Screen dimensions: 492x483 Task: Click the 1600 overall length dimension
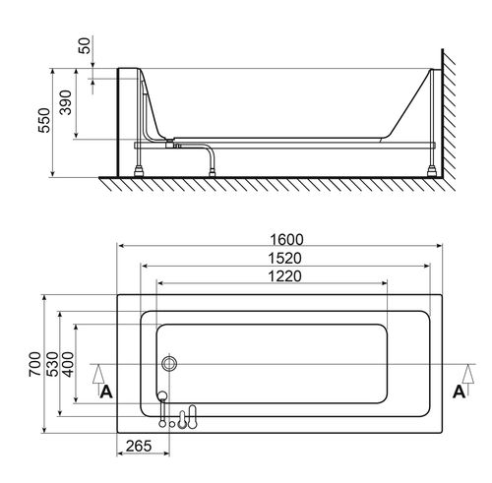coord(286,240)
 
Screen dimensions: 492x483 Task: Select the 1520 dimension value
coord(284,259)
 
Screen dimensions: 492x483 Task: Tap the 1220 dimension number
coord(284,276)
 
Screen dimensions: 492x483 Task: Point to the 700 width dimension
coord(34,364)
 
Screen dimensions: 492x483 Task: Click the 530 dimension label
coord(52,364)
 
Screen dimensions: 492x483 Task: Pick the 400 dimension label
coord(68,364)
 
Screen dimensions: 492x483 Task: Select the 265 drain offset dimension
coord(139,446)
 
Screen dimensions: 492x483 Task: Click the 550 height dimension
coord(44,120)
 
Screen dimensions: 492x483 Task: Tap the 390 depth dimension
coord(66,102)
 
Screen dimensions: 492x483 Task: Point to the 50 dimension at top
coord(85,46)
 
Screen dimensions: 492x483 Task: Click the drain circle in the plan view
coord(169,364)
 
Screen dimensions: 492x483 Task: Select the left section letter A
coord(106,392)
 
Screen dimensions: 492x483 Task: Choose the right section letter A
coord(459,392)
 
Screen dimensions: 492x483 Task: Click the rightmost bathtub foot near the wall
coord(432,172)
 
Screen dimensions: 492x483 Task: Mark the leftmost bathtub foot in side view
coord(139,172)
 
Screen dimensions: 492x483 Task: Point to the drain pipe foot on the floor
coord(213,173)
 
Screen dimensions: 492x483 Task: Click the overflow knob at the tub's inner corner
coord(162,395)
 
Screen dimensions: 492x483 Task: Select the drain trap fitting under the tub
coord(169,144)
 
